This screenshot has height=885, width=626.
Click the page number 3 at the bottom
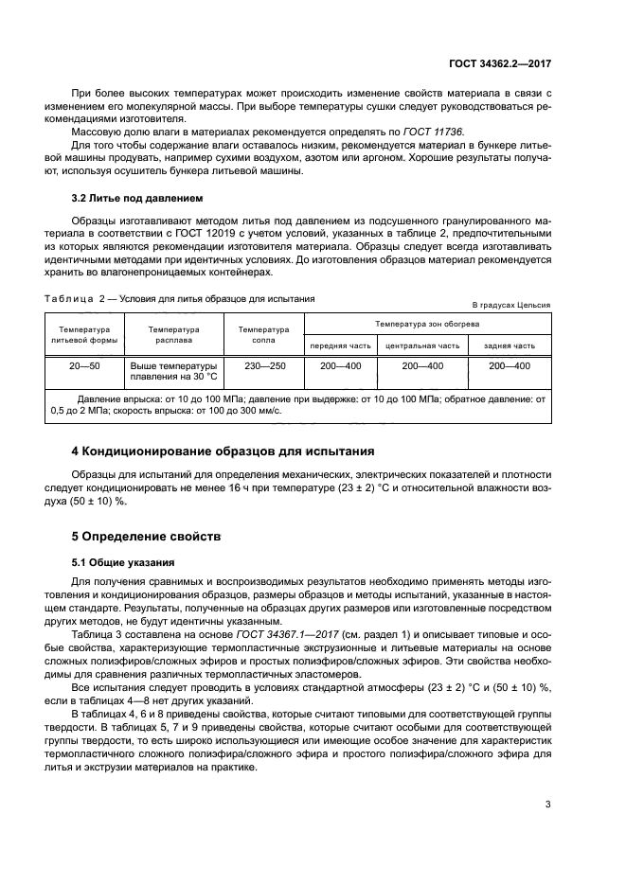(547, 805)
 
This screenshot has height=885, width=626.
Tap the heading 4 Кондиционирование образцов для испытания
(224, 450)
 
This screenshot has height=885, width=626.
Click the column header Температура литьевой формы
(82, 335)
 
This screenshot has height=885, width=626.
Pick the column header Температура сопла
(257, 335)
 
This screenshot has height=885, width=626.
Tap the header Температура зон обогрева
(425, 325)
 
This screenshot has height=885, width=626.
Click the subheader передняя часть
(340, 345)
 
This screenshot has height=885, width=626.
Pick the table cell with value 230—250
(257, 364)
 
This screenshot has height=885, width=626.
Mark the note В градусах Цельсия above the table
(511, 305)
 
